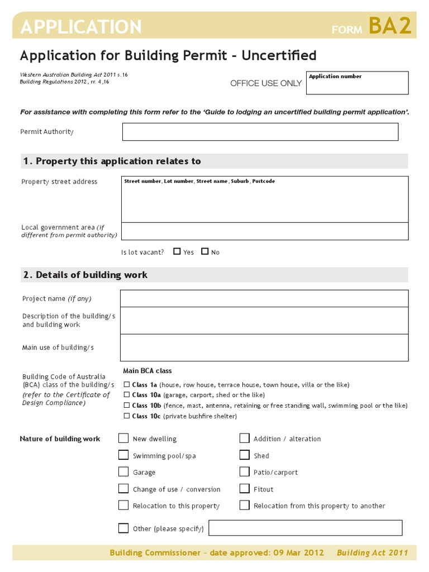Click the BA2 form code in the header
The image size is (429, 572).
tap(390, 26)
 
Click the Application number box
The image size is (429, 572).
tap(357, 83)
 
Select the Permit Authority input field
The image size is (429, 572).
tap(260, 132)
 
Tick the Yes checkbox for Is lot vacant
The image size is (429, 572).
tap(177, 251)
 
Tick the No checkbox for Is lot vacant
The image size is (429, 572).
tap(205, 251)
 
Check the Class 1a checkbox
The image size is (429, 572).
tap(127, 384)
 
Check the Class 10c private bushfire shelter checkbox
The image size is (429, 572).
tap(127, 416)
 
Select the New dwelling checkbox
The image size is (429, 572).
tap(123, 438)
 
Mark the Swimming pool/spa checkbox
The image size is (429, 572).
tap(123, 455)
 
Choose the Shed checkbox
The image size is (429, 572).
tap(244, 455)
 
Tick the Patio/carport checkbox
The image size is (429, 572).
tap(244, 472)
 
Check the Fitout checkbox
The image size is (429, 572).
tap(244, 489)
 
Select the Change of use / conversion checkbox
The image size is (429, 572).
tap(123, 489)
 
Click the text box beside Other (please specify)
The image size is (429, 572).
tap(305, 528)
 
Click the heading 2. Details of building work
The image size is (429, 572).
tap(85, 275)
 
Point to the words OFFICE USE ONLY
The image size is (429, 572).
tap(266, 83)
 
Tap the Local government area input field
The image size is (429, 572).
tap(264, 231)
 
